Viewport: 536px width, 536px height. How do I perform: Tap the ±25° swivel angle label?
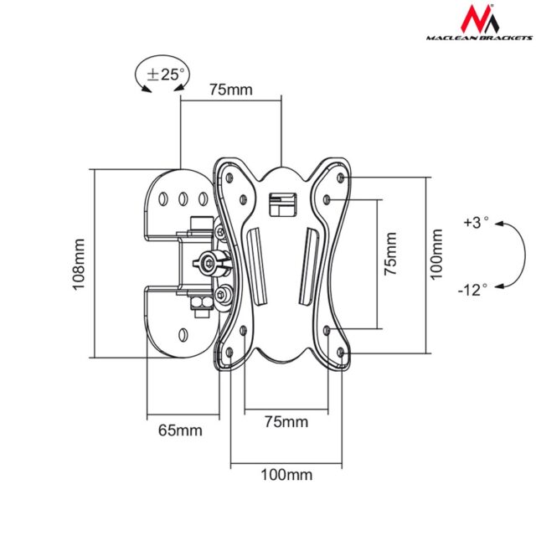point(165,74)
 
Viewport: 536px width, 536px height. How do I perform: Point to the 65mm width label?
point(180,430)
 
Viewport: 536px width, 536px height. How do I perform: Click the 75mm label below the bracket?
point(286,420)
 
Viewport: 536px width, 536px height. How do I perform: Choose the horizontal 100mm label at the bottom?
point(286,475)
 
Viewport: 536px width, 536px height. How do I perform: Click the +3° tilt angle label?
point(474,223)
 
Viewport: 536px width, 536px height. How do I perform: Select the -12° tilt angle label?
point(472,290)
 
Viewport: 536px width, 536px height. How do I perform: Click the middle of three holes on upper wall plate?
point(183,199)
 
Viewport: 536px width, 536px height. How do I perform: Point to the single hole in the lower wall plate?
point(183,336)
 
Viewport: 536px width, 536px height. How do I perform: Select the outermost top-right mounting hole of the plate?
point(340,178)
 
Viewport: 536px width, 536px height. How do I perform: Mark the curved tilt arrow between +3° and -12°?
point(505,255)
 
